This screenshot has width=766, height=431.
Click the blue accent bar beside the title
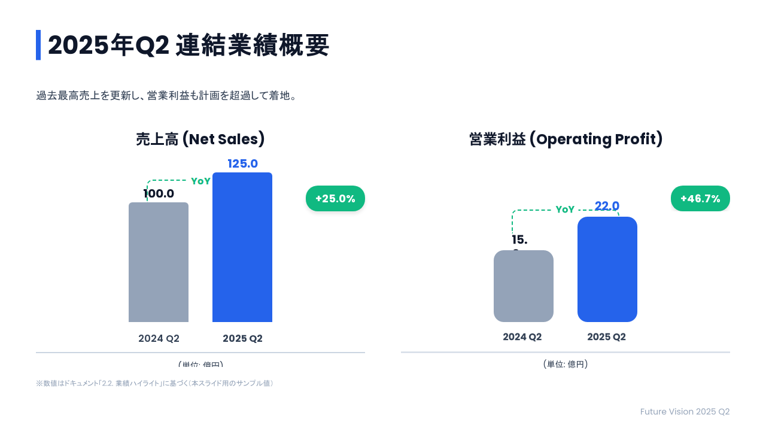tap(38, 45)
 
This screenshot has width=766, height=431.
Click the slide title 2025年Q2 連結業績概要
tap(189, 45)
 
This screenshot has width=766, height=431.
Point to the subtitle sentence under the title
tap(167, 96)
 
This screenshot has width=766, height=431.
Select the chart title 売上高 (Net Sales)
tap(200, 139)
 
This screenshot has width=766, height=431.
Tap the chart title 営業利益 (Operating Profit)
tap(566, 139)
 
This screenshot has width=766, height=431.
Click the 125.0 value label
tap(242, 164)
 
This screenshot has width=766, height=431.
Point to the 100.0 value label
tap(159, 194)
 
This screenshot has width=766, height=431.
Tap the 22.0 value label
tap(607, 207)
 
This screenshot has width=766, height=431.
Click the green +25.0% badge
tap(335, 199)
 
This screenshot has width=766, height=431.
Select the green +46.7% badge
tap(700, 199)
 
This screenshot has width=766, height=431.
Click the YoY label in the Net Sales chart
tap(200, 181)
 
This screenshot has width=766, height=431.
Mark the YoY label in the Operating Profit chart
tap(565, 210)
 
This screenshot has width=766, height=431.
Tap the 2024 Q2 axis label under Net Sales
tap(159, 339)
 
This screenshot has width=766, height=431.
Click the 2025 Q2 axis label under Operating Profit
tap(606, 337)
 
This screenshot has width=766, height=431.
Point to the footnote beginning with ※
tap(154, 383)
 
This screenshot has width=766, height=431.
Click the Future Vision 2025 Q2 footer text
tap(685, 412)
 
